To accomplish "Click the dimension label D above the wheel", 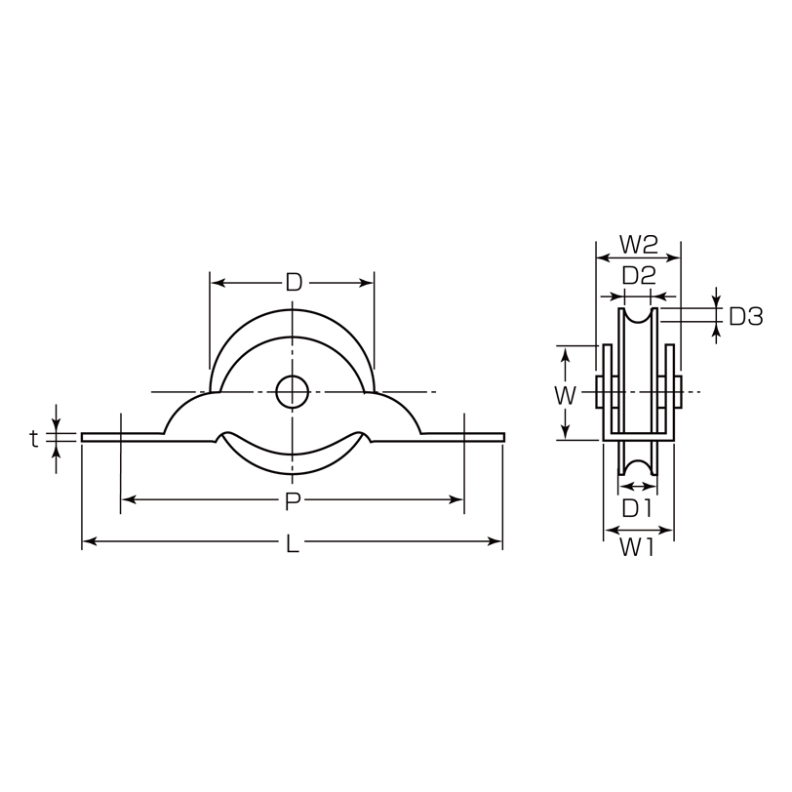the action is click(293, 283).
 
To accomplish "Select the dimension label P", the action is click(292, 501).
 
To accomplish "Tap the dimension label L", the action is click(293, 543).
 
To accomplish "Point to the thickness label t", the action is click(34, 439).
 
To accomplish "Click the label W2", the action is click(639, 245).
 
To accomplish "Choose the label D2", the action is click(639, 276).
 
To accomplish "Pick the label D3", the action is click(745, 317).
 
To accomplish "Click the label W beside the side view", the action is click(565, 396).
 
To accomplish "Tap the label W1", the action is click(637, 547).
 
